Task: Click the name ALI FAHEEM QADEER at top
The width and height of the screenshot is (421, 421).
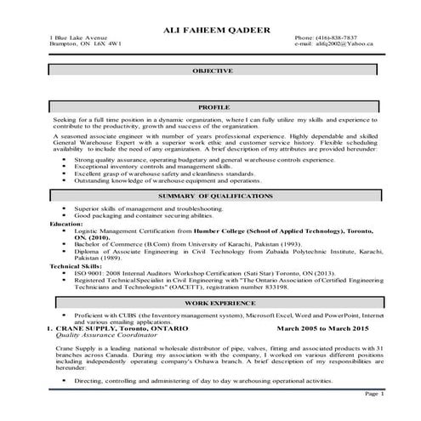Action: [x=216, y=30]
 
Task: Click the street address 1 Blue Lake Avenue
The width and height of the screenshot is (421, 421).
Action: [x=78, y=38]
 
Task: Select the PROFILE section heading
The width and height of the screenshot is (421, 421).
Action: [x=216, y=109]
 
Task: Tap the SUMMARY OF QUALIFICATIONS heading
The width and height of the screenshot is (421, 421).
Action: [x=216, y=196]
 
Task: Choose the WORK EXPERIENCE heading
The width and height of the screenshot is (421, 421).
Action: [x=216, y=302]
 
